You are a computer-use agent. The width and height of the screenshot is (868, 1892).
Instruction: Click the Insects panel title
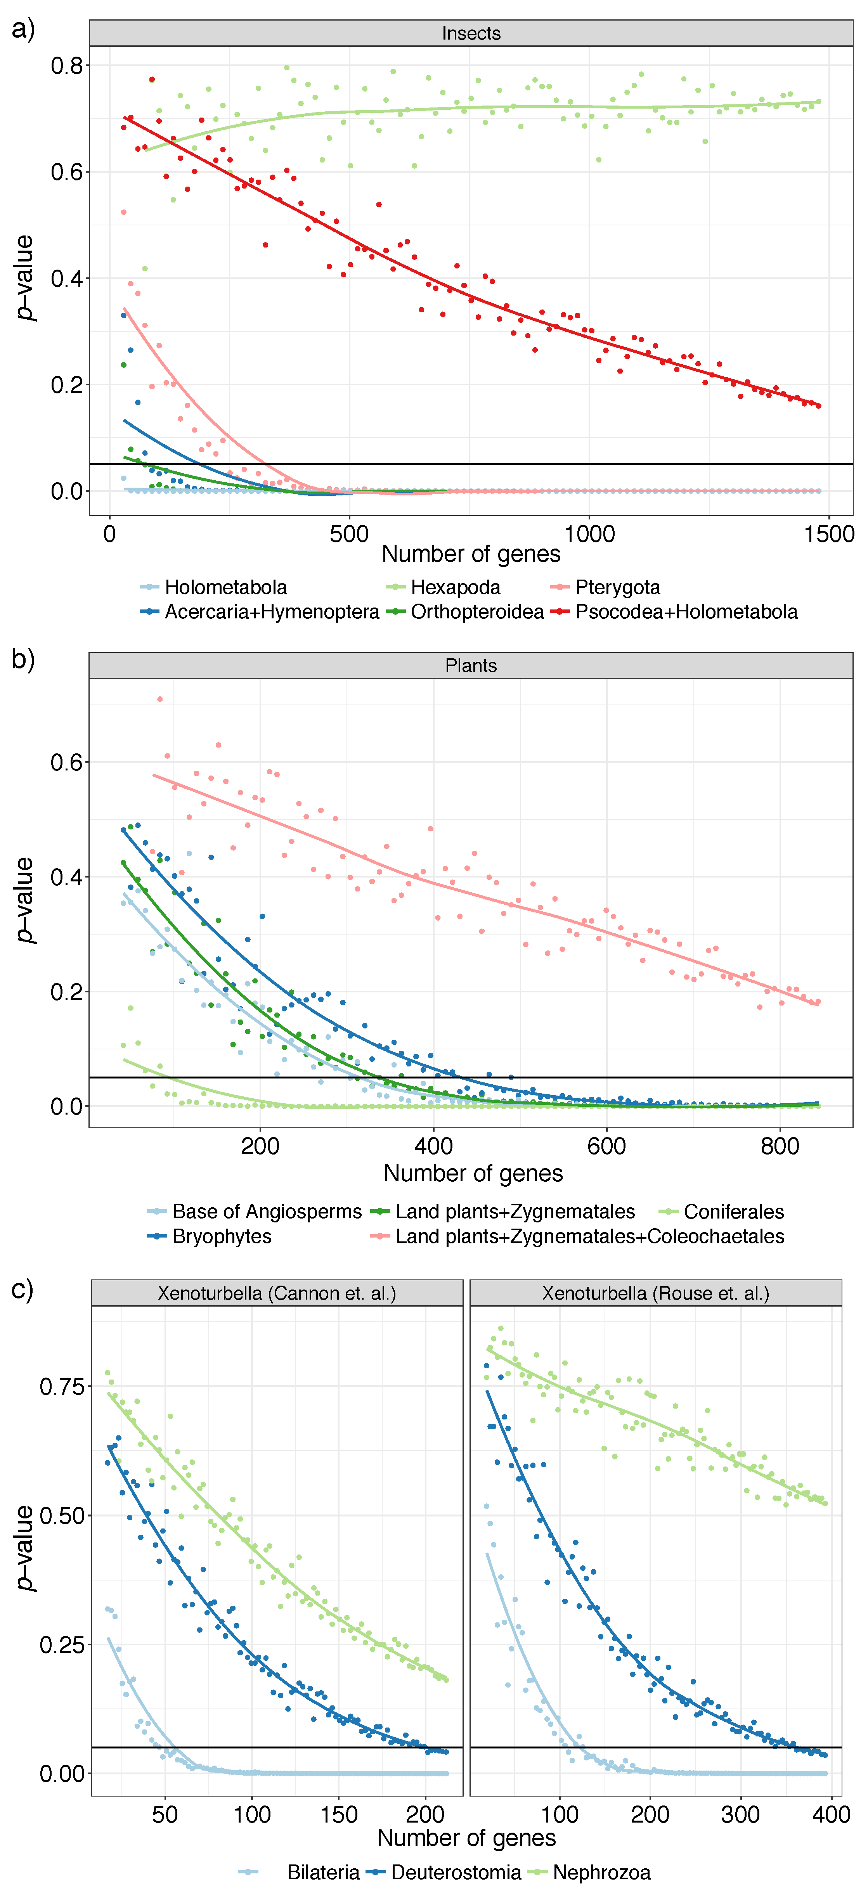(471, 33)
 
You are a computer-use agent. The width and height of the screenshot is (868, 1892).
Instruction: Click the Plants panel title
(471, 665)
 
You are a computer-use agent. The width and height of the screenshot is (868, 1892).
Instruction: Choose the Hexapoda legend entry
(454, 587)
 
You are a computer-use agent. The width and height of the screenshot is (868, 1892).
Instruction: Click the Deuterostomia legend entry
(455, 1872)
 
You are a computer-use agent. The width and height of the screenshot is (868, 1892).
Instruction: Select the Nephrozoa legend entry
(601, 1872)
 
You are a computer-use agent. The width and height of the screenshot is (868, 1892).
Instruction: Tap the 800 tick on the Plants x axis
(780, 1146)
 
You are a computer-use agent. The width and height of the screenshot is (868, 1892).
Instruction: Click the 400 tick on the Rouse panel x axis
(830, 1815)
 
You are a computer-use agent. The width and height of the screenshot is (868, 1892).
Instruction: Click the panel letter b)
(23, 659)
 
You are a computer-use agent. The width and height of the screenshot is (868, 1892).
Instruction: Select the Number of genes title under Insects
(471, 554)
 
